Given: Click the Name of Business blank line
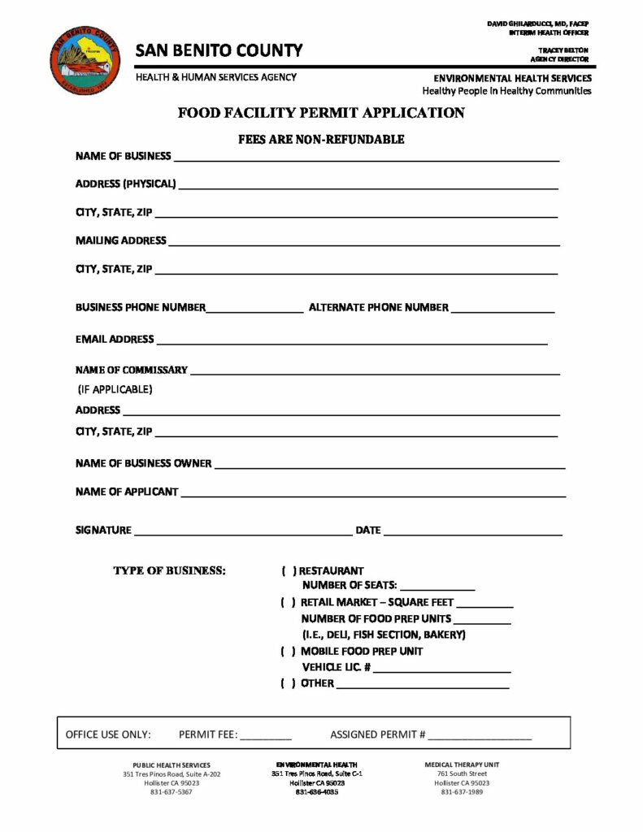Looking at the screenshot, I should [x=366, y=159].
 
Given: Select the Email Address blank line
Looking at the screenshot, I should [x=352, y=343].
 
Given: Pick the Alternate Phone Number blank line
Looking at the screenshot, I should [x=502, y=311].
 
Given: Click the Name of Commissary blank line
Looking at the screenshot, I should [x=374, y=373].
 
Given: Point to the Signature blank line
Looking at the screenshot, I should [x=242, y=534].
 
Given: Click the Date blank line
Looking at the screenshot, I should [x=472, y=534].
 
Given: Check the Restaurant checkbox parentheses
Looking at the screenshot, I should [x=289, y=571].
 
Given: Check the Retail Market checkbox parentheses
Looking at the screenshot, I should [x=289, y=603].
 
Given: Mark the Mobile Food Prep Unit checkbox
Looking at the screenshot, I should [x=289, y=651].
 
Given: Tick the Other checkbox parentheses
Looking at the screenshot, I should [x=289, y=683].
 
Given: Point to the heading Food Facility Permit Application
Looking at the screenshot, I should [x=321, y=114].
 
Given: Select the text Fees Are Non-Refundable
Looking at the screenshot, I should [x=321, y=139].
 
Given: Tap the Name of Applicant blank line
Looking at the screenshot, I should [x=372, y=495].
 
